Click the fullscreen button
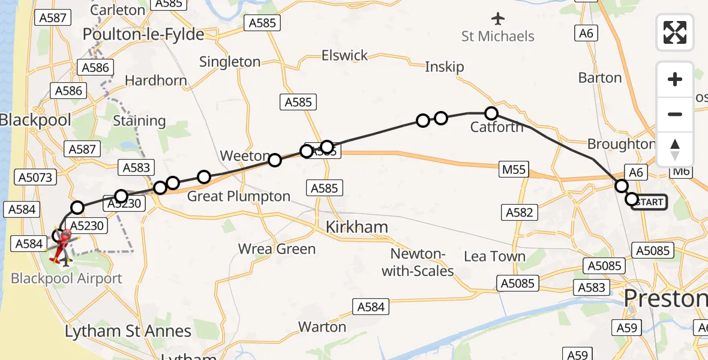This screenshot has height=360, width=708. pos(675,32)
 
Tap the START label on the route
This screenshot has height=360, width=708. pos(650,202)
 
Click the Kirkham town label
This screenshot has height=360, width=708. pos(356,227)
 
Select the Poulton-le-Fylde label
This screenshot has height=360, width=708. pos(143,34)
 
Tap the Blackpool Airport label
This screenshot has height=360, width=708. pos(67,278)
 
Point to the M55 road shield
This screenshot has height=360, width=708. pos(514,170)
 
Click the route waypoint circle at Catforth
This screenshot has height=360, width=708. pos(491,113)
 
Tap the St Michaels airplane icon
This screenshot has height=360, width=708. pos(498,18)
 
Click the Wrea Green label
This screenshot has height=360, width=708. pos(277,248)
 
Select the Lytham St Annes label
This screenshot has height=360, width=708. pos(128,331)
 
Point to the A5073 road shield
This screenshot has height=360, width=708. pos(37,177)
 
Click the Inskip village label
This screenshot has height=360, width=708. pos(445,67)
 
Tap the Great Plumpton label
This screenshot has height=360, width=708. pos(239,196)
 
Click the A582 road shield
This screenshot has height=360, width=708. pos(520,212)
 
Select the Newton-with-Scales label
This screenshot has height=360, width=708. pos(418,263)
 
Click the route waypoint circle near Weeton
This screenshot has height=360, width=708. pos(274,160)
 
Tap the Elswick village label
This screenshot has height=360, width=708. pos(344,56)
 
